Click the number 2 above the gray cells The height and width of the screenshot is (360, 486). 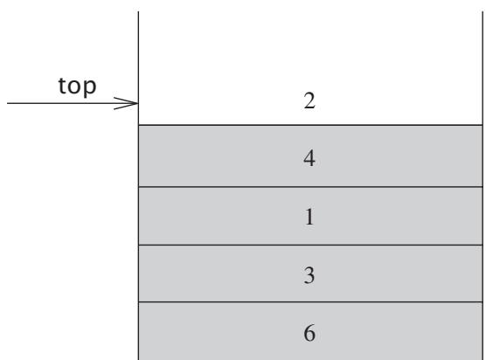click(x=309, y=101)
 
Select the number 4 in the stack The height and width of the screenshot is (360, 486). click(x=309, y=158)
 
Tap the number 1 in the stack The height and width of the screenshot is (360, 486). click(x=309, y=217)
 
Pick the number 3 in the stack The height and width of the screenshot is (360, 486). click(x=309, y=275)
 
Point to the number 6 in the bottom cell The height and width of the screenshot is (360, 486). click(x=309, y=333)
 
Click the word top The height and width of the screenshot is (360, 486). click(x=77, y=86)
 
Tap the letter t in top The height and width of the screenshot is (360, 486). click(x=62, y=86)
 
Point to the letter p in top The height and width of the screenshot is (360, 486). click(x=90, y=89)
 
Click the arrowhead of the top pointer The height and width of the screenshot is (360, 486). click(x=137, y=103)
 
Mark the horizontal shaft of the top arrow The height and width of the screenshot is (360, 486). click(x=73, y=103)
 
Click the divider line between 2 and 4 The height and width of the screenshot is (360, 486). click(x=310, y=125)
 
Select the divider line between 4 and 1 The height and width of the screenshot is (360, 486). click(x=310, y=187)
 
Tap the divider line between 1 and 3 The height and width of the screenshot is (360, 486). click(x=310, y=245)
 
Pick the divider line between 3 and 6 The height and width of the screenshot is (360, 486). click(x=310, y=301)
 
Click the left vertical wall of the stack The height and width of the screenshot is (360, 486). click(x=138, y=185)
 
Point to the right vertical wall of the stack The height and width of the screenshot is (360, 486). click(x=483, y=185)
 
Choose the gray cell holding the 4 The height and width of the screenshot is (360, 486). click(x=310, y=156)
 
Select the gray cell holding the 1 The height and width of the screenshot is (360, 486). click(x=310, y=216)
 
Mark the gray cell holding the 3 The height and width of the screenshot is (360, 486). click(x=310, y=273)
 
